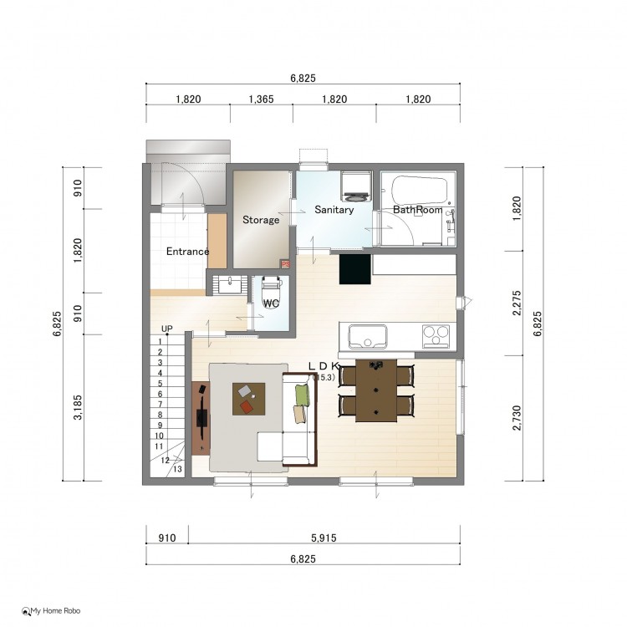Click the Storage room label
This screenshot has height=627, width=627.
tap(261, 220)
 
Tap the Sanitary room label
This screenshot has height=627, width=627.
tap(334, 210)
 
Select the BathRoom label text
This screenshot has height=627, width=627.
tap(417, 210)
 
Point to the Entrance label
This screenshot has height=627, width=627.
tap(187, 251)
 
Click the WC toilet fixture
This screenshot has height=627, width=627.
tap(271, 292)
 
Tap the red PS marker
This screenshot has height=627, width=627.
tap(286, 264)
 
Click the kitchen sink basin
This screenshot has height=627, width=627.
tap(368, 336)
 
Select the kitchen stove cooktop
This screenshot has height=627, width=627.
tap(436, 336)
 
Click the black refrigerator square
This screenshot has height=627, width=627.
tap(354, 269)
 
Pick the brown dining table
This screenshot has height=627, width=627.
tap(376, 390)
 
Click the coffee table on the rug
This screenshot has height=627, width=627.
tap(249, 399)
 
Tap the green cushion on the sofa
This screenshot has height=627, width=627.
tap(303, 395)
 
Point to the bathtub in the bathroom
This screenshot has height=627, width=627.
tap(419, 191)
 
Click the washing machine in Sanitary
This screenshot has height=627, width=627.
tap(356, 186)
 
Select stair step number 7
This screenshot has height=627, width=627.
tap(160, 405)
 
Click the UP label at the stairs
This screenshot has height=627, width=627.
tap(166, 329)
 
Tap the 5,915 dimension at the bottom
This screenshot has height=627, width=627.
tap(324, 538)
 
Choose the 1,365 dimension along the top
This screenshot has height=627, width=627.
tap(261, 99)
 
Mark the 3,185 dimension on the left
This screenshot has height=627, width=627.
tap(78, 407)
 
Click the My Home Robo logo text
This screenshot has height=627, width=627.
tap(55, 610)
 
